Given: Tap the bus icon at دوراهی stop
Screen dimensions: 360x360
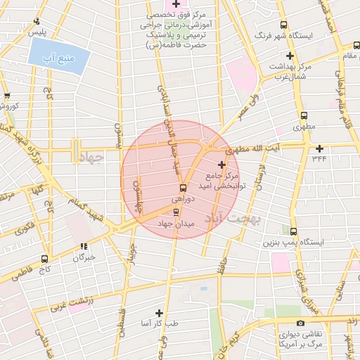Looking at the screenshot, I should click(x=183, y=188).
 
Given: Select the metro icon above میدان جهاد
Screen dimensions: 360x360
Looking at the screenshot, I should click(x=176, y=212).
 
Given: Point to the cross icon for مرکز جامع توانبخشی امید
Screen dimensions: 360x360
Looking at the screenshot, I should click(x=223, y=164).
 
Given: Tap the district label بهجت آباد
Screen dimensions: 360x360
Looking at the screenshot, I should click(x=232, y=218).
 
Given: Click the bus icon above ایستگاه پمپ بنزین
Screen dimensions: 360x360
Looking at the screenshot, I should click(x=293, y=231).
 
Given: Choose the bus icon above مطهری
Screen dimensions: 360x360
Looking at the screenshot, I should click(x=304, y=116).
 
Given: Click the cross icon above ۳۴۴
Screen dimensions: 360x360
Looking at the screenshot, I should click(x=320, y=148).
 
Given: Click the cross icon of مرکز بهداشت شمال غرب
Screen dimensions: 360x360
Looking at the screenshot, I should click(x=289, y=56).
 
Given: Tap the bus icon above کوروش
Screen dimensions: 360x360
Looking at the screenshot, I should click(x=7, y=96).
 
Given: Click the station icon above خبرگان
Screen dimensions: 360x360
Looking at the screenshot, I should click(x=84, y=247).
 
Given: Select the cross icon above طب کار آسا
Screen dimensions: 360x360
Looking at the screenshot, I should click(x=160, y=313).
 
